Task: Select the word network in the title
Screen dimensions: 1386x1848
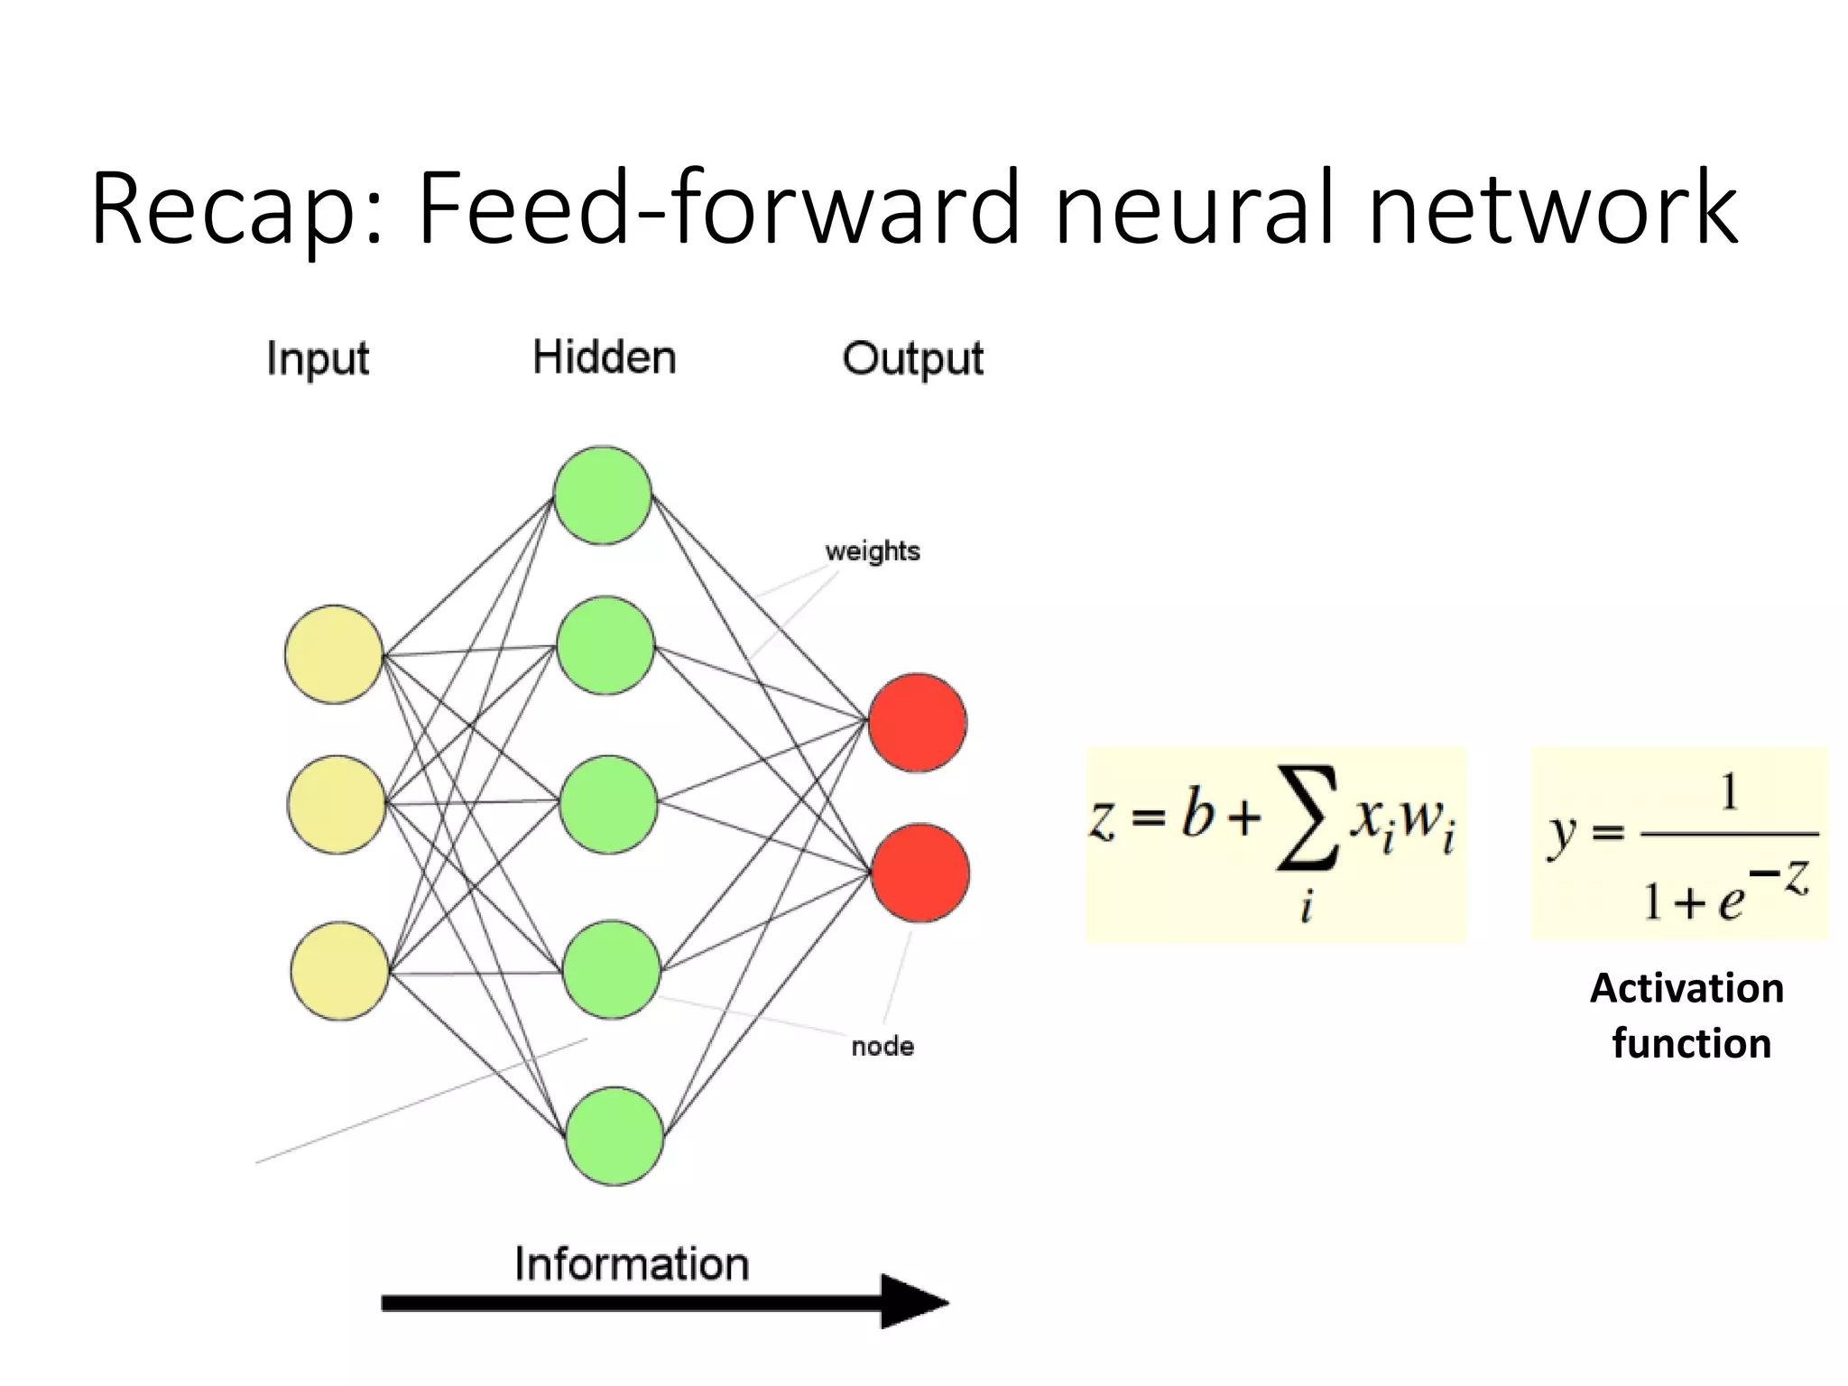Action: click(x=1552, y=209)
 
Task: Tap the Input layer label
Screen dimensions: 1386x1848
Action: click(x=318, y=359)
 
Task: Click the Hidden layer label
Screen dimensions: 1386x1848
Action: click(x=604, y=357)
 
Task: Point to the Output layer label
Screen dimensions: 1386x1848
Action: click(x=912, y=359)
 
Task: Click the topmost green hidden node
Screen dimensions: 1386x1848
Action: click(x=602, y=495)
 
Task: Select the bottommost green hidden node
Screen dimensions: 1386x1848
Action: click(x=614, y=1135)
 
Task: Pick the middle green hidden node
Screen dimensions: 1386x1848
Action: click(x=608, y=805)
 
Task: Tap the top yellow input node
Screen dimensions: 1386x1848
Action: click(x=334, y=654)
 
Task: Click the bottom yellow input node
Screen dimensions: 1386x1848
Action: click(x=339, y=971)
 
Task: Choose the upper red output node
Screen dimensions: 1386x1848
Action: click(x=917, y=723)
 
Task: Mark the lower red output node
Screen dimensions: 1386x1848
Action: click(x=919, y=873)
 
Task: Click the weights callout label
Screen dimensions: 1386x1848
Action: click(x=872, y=551)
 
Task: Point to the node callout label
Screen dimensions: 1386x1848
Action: click(x=882, y=1047)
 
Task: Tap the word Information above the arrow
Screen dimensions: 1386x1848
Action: click(x=632, y=1263)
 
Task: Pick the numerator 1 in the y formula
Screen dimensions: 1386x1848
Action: click(x=1728, y=793)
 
